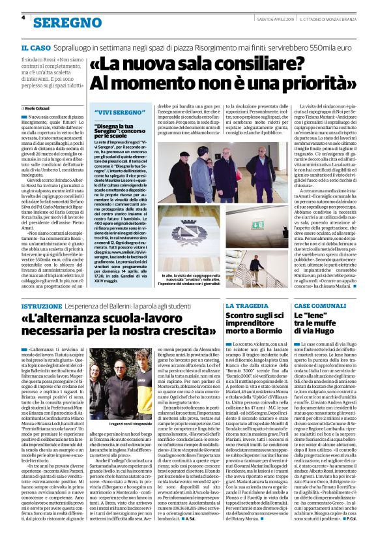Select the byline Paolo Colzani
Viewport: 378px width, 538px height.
pyautogui.click(x=39, y=108)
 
